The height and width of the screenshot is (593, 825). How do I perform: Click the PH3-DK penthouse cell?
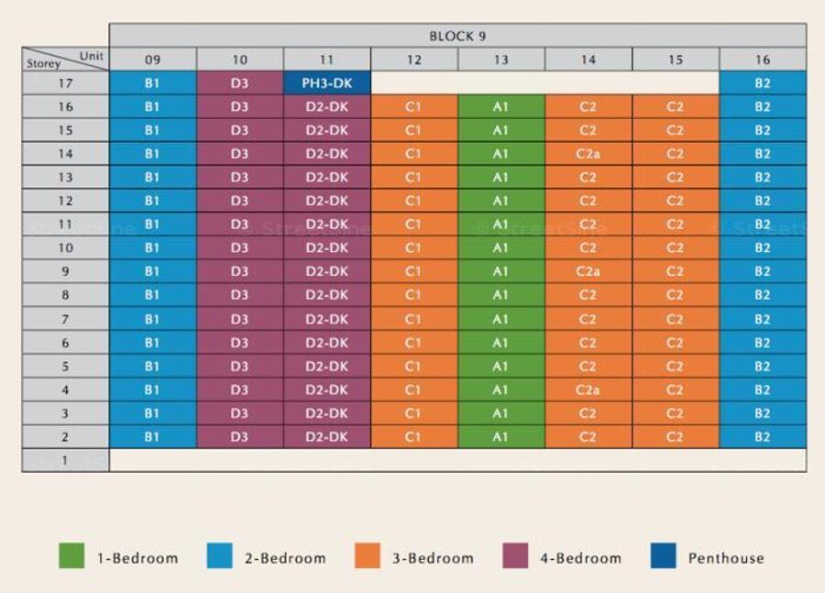[327, 83]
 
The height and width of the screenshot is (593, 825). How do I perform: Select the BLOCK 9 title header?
[457, 37]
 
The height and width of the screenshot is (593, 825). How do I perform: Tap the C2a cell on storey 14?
[588, 154]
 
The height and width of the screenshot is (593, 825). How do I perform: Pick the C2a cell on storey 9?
[588, 271]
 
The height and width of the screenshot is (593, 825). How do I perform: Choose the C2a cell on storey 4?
[588, 390]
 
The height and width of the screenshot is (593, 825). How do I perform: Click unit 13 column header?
[500, 60]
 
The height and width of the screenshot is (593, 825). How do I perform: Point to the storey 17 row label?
[65, 83]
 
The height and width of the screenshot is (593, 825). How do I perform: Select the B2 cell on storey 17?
[763, 83]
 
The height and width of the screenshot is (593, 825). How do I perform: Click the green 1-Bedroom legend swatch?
[71, 556]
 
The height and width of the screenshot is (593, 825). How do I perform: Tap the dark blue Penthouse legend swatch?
[663, 556]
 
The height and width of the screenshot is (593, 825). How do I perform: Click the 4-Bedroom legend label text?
[580, 557]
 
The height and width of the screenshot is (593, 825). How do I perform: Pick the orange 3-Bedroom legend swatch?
[367, 556]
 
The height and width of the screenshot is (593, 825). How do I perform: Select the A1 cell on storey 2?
[500, 437]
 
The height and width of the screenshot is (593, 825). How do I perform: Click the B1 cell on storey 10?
[152, 247]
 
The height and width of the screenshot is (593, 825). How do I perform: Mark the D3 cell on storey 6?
[239, 343]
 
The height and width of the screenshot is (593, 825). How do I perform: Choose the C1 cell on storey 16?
[413, 107]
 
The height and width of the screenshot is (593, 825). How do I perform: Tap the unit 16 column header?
[763, 60]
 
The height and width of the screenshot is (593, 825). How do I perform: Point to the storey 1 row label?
[65, 460]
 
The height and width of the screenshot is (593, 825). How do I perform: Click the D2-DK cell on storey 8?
[327, 295]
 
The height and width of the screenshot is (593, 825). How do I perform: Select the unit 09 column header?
[152, 60]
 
